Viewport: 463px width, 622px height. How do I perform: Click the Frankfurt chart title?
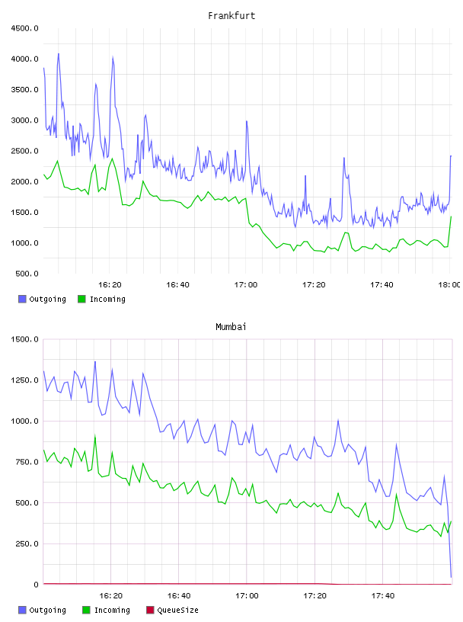(x=231, y=16)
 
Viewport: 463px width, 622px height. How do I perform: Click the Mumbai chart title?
(x=231, y=327)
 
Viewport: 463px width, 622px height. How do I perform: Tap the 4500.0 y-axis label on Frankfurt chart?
(x=25, y=28)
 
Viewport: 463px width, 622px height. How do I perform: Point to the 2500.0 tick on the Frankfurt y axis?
(x=25, y=151)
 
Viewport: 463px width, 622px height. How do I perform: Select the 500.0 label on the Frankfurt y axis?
(x=27, y=274)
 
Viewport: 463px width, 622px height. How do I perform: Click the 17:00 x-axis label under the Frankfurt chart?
(x=246, y=285)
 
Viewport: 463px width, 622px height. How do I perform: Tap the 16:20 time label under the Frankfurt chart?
(x=110, y=285)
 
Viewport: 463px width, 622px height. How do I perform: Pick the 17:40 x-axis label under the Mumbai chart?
(x=383, y=596)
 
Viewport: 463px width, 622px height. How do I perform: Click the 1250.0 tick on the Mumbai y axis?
(x=25, y=380)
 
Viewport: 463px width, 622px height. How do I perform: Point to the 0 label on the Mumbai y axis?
(x=36, y=585)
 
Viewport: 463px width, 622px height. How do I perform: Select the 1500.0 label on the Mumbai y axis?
(x=25, y=339)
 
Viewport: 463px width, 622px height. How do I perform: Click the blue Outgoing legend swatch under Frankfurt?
(x=22, y=299)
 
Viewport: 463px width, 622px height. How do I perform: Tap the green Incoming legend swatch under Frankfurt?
(x=81, y=299)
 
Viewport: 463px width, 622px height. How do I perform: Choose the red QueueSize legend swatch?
(x=150, y=610)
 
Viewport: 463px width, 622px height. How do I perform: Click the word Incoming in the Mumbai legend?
(x=112, y=610)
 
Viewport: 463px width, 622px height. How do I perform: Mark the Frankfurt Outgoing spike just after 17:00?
(x=247, y=121)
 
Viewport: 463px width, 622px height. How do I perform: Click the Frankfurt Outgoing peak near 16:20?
(x=113, y=57)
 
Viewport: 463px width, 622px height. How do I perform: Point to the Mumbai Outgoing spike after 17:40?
(x=396, y=444)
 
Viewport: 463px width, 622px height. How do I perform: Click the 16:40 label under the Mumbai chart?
(x=179, y=596)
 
